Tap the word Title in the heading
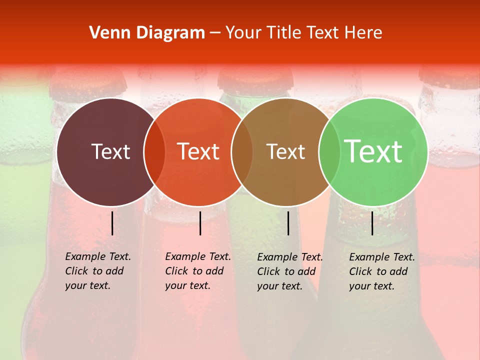click(285, 33)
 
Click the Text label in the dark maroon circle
click(110, 151)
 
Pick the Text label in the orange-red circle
click(198, 151)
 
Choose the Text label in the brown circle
click(285, 151)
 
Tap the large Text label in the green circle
click(373, 151)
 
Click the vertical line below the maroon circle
click(112, 223)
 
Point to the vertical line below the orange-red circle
click(200, 223)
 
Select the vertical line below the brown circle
click(288, 223)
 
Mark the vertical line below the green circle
click(372, 223)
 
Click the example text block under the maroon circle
click(98, 271)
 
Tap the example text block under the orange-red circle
click(198, 271)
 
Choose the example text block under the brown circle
click(290, 271)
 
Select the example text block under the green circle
click(382, 271)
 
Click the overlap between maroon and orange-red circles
click(154, 152)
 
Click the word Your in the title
click(243, 33)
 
